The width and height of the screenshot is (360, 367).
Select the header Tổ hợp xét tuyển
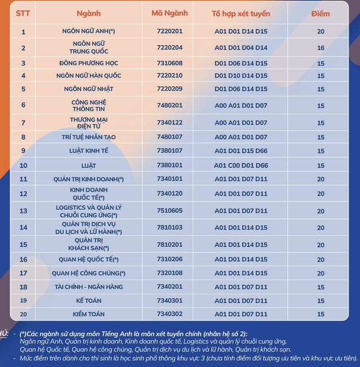241,12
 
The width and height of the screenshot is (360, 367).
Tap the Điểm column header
321,12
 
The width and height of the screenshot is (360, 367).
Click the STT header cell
23,12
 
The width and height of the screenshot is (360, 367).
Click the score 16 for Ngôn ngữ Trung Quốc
321,48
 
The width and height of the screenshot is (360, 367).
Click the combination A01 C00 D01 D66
241,165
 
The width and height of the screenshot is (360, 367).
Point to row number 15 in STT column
23,244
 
